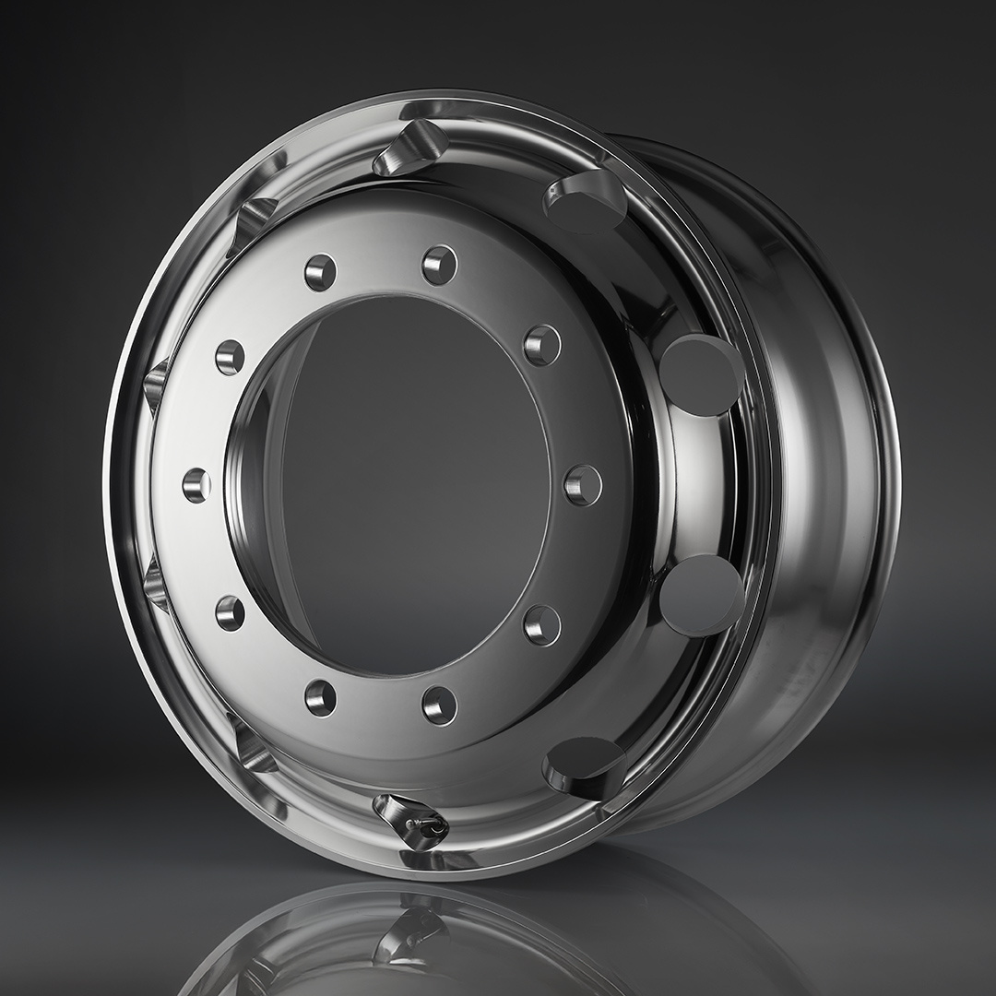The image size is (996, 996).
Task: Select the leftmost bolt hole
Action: pyautogui.click(x=196, y=484)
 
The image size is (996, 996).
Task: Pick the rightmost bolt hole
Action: pyautogui.click(x=583, y=484)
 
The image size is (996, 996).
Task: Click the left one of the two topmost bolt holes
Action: pyautogui.click(x=320, y=273)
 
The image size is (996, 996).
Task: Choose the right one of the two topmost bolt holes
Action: pyautogui.click(x=440, y=266)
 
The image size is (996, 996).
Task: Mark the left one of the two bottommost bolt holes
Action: pyautogui.click(x=320, y=697)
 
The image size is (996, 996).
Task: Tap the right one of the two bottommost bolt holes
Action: pyautogui.click(x=440, y=705)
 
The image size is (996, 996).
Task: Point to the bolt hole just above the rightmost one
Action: pyautogui.click(x=542, y=346)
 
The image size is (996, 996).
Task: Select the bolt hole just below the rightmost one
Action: pyautogui.click(x=542, y=625)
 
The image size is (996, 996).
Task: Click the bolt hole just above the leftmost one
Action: pyautogui.click(x=230, y=356)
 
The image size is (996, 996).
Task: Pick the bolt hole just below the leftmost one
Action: pyautogui.click(x=230, y=612)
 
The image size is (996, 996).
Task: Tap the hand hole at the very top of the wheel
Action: pyautogui.click(x=411, y=148)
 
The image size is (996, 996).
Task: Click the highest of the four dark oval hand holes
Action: pyautogui.click(x=585, y=203)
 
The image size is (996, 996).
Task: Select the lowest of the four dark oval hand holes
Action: pyautogui.click(x=585, y=765)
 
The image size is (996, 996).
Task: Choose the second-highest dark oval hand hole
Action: pyautogui.click(x=701, y=374)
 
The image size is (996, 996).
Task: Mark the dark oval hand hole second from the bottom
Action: pyautogui.click(x=701, y=595)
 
